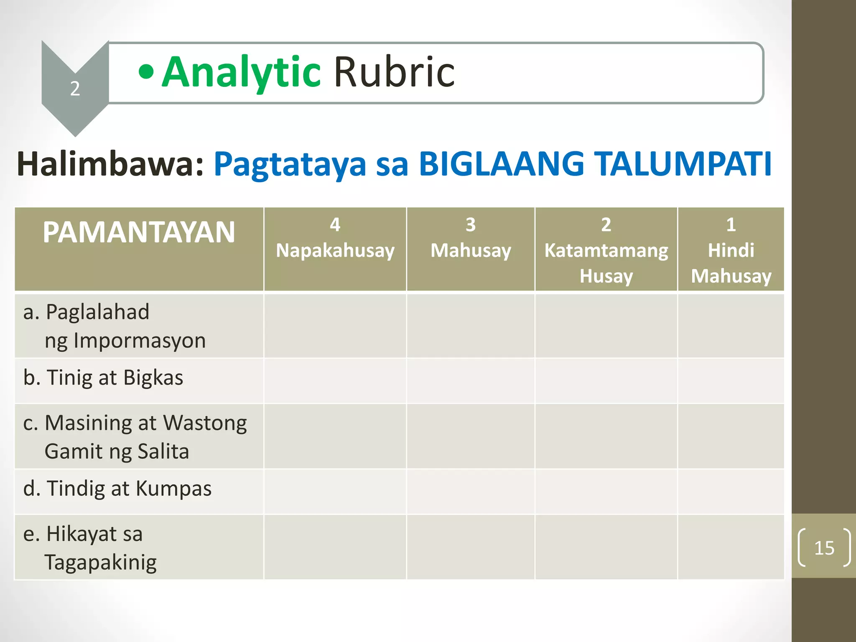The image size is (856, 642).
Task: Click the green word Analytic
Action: [241, 73]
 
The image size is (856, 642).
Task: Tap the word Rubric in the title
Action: [394, 73]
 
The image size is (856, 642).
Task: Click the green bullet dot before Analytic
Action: [146, 71]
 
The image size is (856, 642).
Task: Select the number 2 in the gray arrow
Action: [75, 89]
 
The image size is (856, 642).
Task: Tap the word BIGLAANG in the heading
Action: [502, 164]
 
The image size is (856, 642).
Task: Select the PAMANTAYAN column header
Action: [139, 232]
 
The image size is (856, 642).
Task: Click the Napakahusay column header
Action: [335, 250]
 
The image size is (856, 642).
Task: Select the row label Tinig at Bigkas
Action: [103, 378]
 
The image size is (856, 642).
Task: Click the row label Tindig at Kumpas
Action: [117, 489]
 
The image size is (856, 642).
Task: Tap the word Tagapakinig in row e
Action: [100, 562]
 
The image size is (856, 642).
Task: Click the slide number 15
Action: [824, 548]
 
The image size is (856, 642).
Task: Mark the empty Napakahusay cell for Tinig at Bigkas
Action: [335, 381]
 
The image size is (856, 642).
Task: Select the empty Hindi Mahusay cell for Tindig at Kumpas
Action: [731, 492]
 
